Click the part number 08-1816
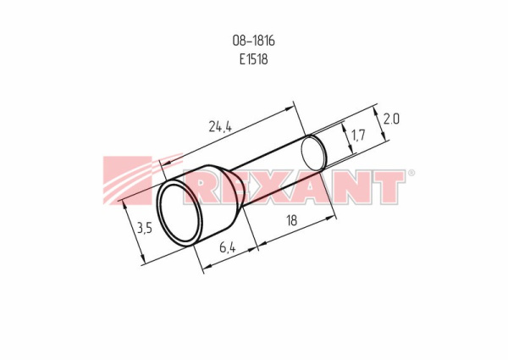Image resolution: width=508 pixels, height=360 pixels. coord(254,41)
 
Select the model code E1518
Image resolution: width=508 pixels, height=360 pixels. coord(254,59)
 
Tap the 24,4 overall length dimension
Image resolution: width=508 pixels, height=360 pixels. coord(220,127)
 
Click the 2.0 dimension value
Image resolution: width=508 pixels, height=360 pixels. coord(391,119)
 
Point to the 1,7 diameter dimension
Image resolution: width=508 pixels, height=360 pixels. coord(358,135)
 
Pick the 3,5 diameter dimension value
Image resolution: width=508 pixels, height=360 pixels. coord(144,229)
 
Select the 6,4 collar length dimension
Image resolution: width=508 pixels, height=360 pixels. coord(228,248)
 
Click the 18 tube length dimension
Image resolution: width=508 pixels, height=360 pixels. coord(291,220)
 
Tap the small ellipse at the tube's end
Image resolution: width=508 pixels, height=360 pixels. coord(314,153)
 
